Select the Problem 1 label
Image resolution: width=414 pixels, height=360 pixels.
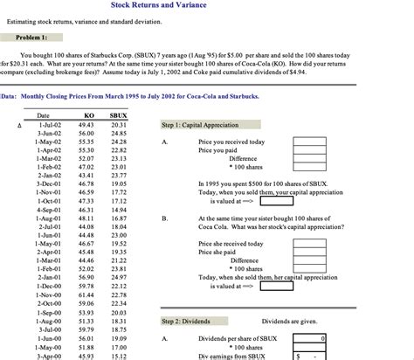point(32,38)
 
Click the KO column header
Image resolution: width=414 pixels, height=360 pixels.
point(88,115)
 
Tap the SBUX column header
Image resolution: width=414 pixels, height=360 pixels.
point(119,115)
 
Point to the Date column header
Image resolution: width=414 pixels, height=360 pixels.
point(43,115)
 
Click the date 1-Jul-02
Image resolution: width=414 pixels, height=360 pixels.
point(49,126)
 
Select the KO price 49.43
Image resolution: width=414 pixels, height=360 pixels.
point(86,126)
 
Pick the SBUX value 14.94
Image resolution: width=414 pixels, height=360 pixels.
point(119,211)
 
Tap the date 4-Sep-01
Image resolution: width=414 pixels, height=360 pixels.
point(49,211)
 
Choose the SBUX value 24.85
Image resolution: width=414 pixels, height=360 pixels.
point(119,134)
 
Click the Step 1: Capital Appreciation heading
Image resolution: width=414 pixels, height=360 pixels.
point(199,126)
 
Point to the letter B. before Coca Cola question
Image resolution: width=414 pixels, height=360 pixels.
point(165,218)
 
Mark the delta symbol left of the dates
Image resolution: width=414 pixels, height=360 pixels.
point(6,126)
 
